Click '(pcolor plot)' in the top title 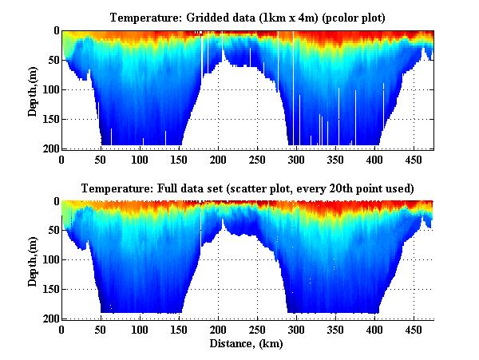[347, 17]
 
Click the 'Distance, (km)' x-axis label [247, 344]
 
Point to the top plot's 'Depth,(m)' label [33, 89]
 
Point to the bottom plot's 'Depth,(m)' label [33, 259]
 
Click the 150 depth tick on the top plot [49, 119]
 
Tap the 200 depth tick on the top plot [49, 148]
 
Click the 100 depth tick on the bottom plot [49, 260]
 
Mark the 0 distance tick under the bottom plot [62, 329]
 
